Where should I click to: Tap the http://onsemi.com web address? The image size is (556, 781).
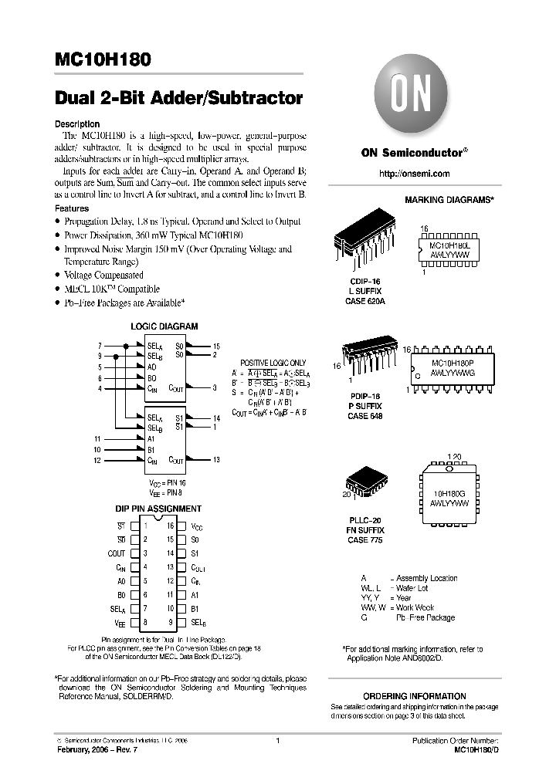tap(415, 174)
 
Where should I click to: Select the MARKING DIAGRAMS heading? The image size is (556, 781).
tap(449, 200)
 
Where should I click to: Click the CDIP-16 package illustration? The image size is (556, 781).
tap(364, 243)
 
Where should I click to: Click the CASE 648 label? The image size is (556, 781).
tap(364, 416)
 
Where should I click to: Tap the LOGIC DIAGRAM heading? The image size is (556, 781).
tap(164, 326)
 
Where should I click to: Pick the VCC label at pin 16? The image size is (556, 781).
tap(198, 525)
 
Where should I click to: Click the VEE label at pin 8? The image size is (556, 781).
tap(119, 622)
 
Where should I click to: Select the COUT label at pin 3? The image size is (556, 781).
tap(116, 553)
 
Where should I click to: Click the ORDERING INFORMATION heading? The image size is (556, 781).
tap(414, 696)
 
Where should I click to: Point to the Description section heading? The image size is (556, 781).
tap(77, 123)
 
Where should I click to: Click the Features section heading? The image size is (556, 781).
tap(72, 208)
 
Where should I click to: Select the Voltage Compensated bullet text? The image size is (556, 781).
tap(103, 276)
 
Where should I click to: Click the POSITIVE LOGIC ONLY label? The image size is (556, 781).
tap(273, 362)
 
